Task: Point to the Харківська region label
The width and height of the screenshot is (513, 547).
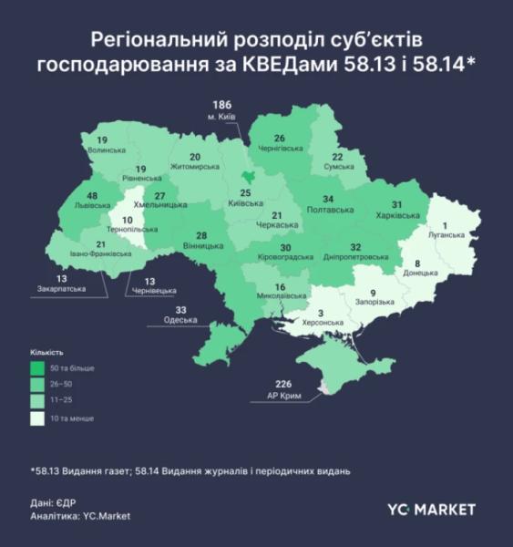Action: (398, 216)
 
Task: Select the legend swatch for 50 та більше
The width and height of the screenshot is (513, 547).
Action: (36, 367)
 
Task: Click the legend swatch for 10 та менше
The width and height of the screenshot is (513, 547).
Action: (36, 418)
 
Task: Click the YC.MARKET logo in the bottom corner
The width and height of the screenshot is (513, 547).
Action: (432, 508)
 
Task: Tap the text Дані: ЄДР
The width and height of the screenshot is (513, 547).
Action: (56, 502)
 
